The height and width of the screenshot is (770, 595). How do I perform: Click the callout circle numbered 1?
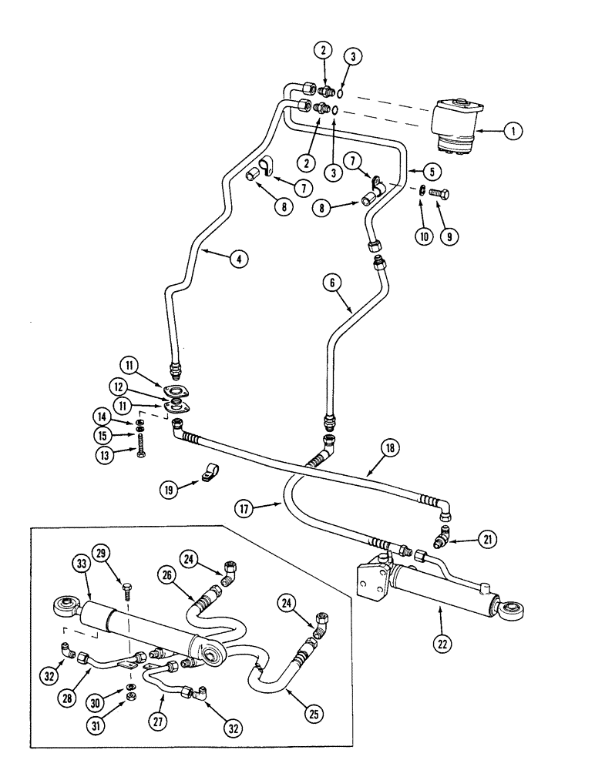click(x=510, y=132)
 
